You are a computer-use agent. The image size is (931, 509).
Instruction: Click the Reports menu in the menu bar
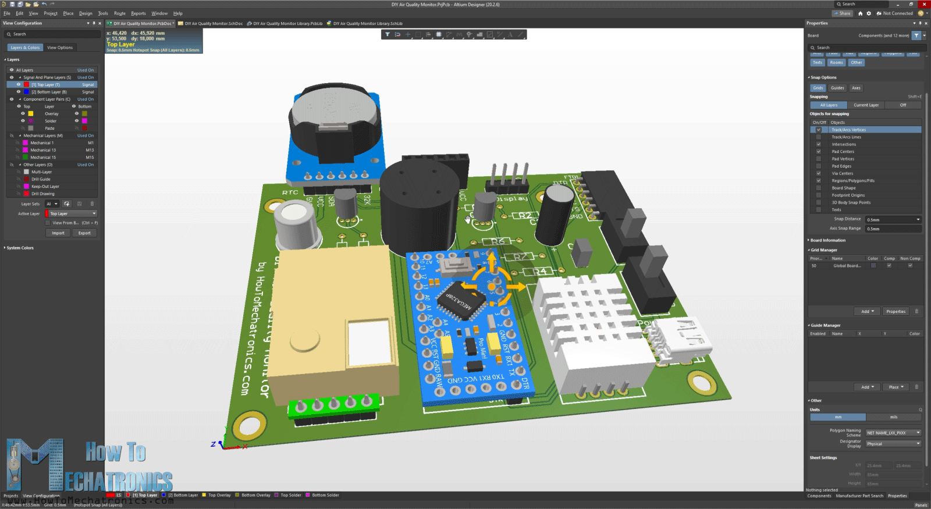138,13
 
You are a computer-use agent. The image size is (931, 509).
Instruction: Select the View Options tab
60,48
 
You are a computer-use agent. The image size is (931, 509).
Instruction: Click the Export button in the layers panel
84,233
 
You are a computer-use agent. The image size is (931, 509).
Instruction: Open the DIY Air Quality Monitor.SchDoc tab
213,24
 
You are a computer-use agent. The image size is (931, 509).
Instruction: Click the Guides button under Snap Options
837,88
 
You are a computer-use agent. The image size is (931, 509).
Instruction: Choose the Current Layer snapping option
866,105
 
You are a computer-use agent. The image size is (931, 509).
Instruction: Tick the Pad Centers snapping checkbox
819,151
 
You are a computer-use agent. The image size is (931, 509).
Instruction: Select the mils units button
893,417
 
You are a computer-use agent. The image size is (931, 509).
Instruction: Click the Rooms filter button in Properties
836,62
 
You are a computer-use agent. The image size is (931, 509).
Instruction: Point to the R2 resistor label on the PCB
525,215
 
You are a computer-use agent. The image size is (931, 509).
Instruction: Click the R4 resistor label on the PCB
540,271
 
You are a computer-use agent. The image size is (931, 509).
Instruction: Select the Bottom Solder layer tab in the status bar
325,495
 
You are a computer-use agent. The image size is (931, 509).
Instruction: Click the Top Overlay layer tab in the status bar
219,495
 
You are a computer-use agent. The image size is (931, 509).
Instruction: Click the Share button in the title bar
842,13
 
